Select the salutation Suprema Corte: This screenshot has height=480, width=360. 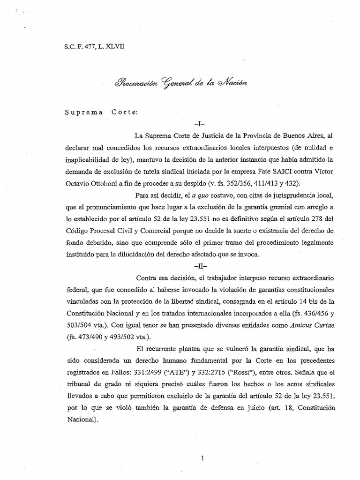pyautogui.click(x=99, y=113)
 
